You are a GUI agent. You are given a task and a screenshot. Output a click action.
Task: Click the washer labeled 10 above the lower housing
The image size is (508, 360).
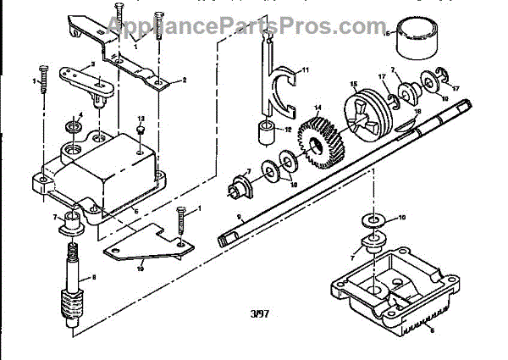pyautogui.click(x=373, y=221)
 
